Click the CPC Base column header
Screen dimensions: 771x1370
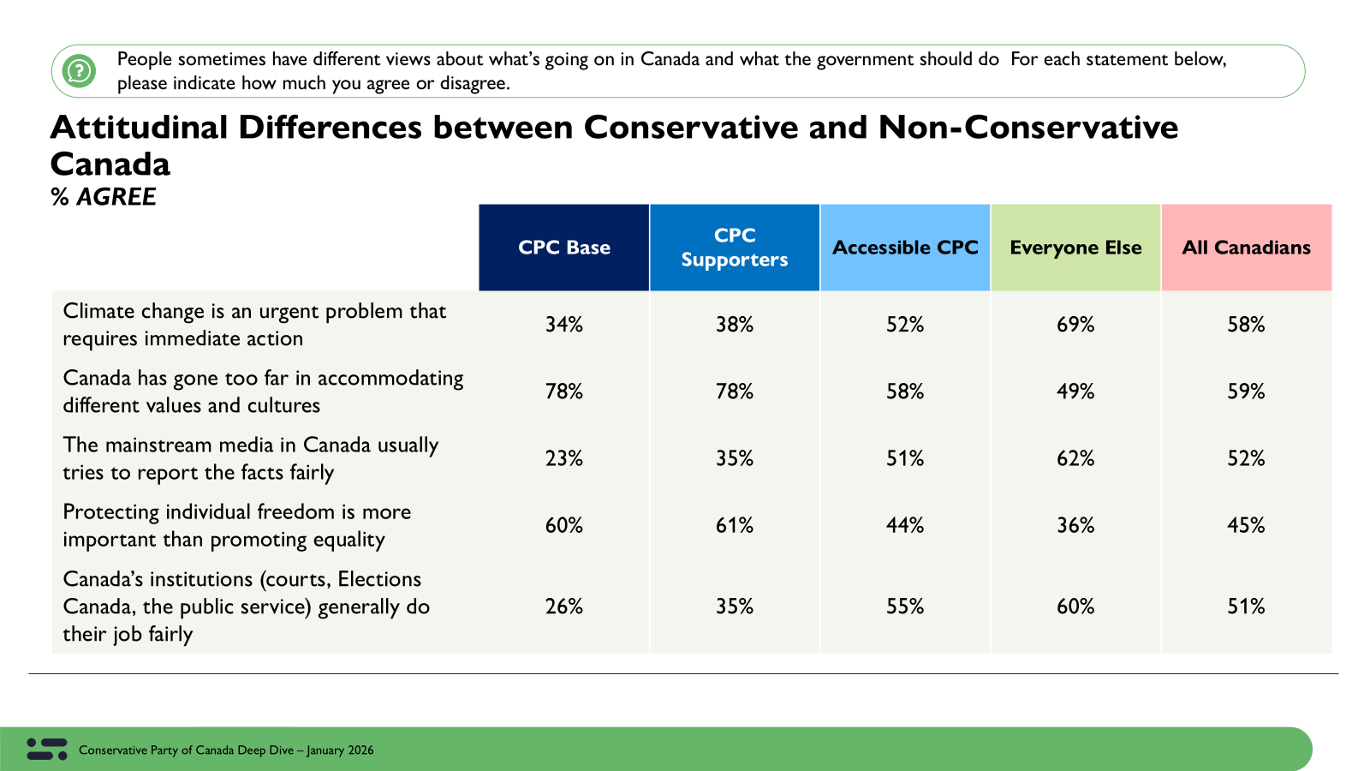(563, 248)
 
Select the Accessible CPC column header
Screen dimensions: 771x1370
(905, 248)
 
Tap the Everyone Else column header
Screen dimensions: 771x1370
(1075, 248)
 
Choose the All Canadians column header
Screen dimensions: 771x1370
(1246, 248)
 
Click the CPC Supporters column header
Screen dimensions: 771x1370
(735, 248)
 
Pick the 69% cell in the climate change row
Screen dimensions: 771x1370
(1075, 325)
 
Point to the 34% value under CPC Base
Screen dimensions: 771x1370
(563, 325)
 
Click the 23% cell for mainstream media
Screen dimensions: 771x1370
(563, 458)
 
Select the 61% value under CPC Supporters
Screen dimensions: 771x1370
(735, 525)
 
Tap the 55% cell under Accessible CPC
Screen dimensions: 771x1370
(905, 607)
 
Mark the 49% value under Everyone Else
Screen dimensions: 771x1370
(1075, 391)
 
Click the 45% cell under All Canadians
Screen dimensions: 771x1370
(1246, 525)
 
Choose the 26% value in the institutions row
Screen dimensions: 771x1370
(563, 607)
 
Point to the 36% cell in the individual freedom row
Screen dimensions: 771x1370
(1075, 525)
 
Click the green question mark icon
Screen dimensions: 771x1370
(80, 70)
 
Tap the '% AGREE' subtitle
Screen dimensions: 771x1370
(104, 197)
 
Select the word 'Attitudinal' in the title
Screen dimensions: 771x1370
(140, 128)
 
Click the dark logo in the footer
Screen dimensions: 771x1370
(47, 749)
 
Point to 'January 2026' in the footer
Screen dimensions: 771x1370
(340, 750)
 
